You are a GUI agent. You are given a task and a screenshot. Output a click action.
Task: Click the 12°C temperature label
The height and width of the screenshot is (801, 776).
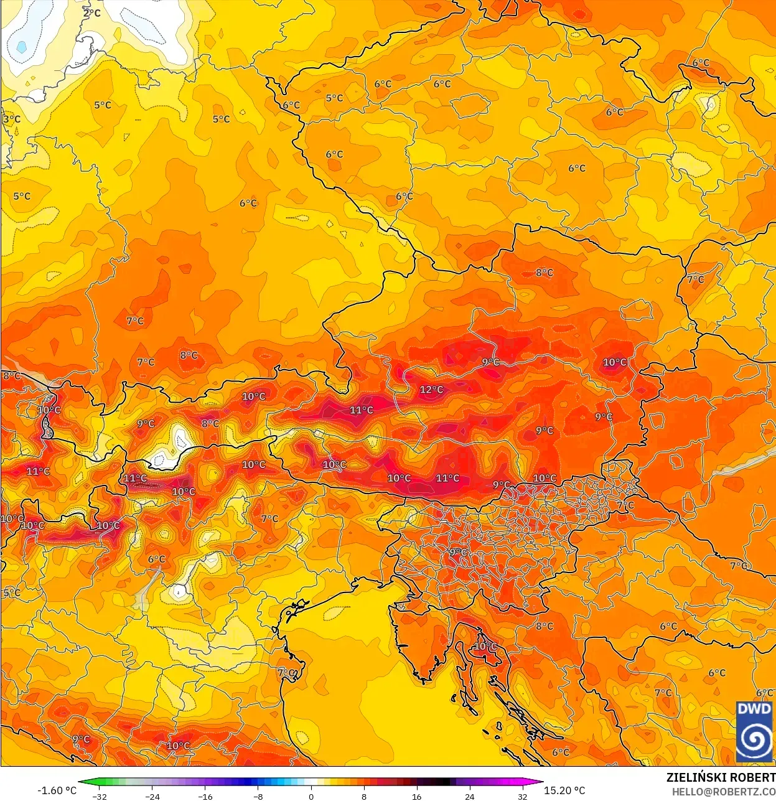pos(431,390)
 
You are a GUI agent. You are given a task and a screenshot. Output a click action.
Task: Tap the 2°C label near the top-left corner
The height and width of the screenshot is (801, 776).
pos(92,13)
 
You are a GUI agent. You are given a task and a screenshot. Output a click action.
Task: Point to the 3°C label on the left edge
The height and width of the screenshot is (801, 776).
pos(11,119)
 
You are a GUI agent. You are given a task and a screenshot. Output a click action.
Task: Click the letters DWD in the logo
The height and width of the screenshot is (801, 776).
pos(754,709)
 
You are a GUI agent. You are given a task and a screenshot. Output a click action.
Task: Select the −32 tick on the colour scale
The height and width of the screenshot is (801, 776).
pos(100,796)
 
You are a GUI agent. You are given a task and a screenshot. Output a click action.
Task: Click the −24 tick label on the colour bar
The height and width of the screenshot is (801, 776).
pos(152,796)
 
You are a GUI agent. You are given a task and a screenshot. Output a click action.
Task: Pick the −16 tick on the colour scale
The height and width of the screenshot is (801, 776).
pos(205,796)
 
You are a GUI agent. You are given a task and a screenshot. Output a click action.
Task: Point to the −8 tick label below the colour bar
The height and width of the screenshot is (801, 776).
pos(258,796)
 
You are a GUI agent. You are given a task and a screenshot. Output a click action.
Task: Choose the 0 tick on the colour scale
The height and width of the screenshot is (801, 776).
pos(311,796)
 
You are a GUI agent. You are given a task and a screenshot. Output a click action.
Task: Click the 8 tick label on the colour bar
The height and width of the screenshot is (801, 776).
pos(364,796)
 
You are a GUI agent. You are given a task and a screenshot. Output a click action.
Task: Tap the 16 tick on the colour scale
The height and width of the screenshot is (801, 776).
pos(416,796)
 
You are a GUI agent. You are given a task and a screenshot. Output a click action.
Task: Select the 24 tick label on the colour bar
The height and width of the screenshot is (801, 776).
pos(469,796)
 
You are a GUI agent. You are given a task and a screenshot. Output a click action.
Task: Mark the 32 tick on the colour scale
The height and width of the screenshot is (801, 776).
pos(522,796)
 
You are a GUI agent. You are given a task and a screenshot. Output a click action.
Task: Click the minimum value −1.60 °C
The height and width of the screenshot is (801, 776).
pos(57,790)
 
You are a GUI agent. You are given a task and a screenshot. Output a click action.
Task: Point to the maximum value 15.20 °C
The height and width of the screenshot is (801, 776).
pos(564,790)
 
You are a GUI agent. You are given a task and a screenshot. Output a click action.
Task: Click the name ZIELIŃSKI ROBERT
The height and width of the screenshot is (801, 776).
pos(721,777)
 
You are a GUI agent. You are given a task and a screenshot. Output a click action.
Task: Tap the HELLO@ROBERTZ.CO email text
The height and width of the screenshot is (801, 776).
pos(723,792)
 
